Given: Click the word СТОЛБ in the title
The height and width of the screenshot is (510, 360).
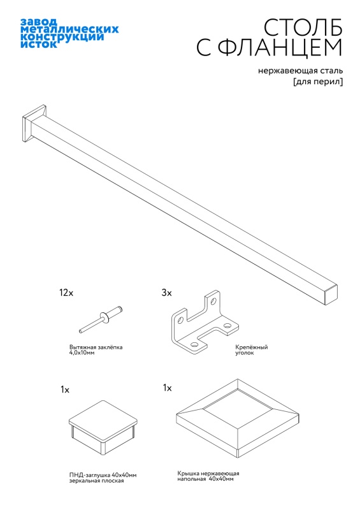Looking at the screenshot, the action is pos(303,27).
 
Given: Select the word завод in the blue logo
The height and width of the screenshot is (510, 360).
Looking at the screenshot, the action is pos(39,22).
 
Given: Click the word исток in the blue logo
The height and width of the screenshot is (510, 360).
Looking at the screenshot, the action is pos(39,44).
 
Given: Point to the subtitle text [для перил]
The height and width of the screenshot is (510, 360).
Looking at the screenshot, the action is pos(318,82).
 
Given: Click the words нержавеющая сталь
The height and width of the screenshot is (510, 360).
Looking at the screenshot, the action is pos(300,71).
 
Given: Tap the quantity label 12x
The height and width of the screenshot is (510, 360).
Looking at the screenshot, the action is pos(66,293).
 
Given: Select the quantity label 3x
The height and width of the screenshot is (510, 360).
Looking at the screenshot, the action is pos(166,293).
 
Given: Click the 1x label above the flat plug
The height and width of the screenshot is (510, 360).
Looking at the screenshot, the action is pos(65,390).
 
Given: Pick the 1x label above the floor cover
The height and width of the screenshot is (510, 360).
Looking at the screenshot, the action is pos(167,388).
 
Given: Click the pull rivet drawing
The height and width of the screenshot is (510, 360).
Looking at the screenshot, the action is pos(101,319).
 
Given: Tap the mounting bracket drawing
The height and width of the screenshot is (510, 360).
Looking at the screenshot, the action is pos(205,323).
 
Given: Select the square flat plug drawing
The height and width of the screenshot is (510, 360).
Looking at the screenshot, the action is pos(103,427).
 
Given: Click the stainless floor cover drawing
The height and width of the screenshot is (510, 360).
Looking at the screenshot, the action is pos(238,419).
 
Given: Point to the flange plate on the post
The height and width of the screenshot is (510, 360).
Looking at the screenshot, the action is pos(34,124).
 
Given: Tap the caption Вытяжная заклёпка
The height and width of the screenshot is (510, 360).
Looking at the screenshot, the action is pos(96,347).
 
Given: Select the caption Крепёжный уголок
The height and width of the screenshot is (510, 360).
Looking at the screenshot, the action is pos(252,350).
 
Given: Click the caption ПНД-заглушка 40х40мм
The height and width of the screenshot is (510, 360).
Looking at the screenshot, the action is pos(103,475).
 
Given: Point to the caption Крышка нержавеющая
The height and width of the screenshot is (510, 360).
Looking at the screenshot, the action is pos(208,473).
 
